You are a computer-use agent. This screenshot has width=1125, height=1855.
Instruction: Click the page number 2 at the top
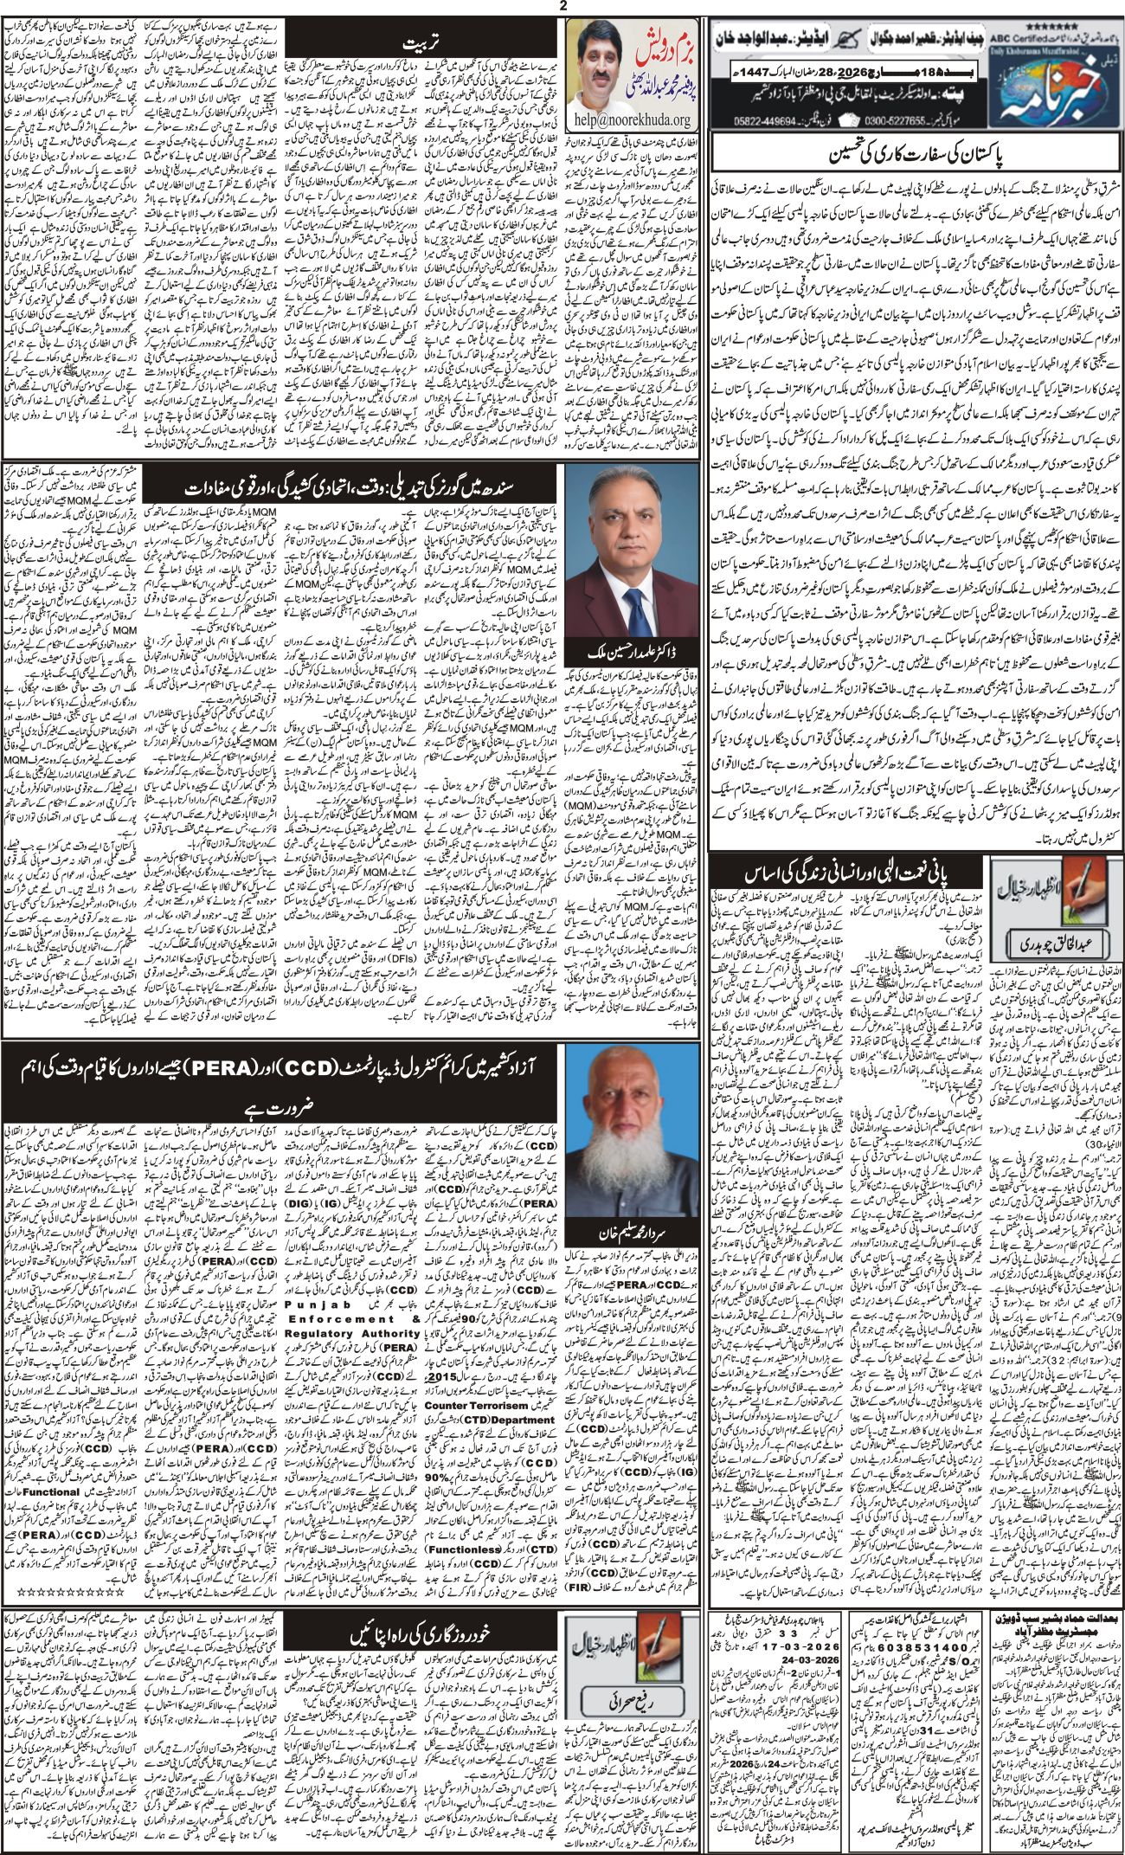pyautogui.click(x=562, y=7)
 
